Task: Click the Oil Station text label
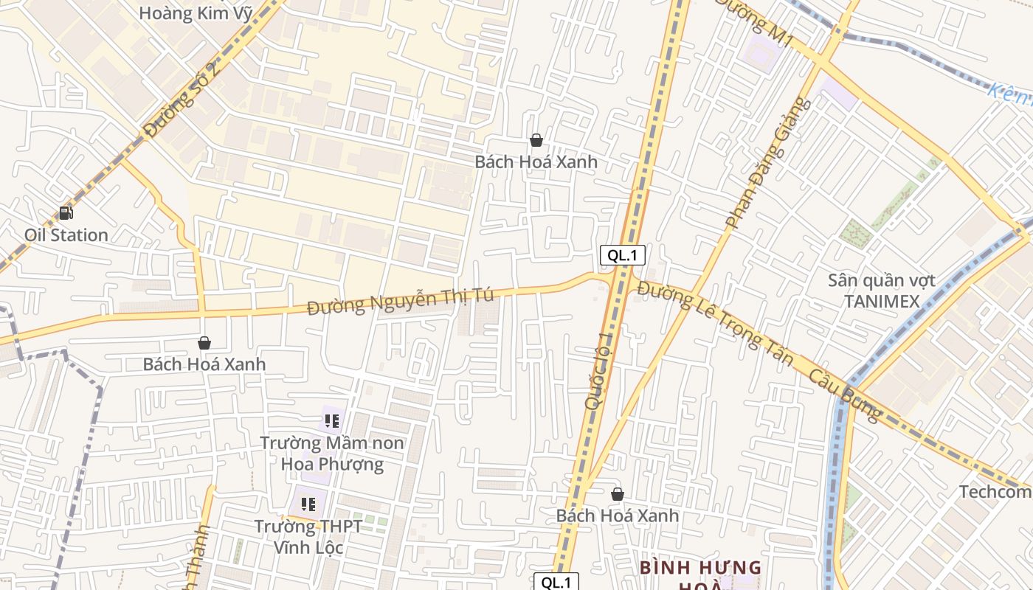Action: pos(66,235)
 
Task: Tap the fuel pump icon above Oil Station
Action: pos(66,213)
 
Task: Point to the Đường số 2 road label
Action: pos(182,100)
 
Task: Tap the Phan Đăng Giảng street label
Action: pos(768,163)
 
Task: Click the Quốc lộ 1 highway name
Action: pos(599,370)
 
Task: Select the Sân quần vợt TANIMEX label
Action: pos(882,291)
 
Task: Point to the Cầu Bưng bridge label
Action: pos(846,395)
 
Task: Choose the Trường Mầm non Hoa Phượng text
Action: pos(332,453)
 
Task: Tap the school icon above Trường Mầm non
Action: pos(331,421)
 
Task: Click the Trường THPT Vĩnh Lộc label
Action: pos(308,536)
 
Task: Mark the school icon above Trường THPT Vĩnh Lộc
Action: pos(308,504)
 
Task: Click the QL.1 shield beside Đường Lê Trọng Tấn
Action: pos(623,256)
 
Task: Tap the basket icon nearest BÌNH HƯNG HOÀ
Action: pos(618,494)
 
